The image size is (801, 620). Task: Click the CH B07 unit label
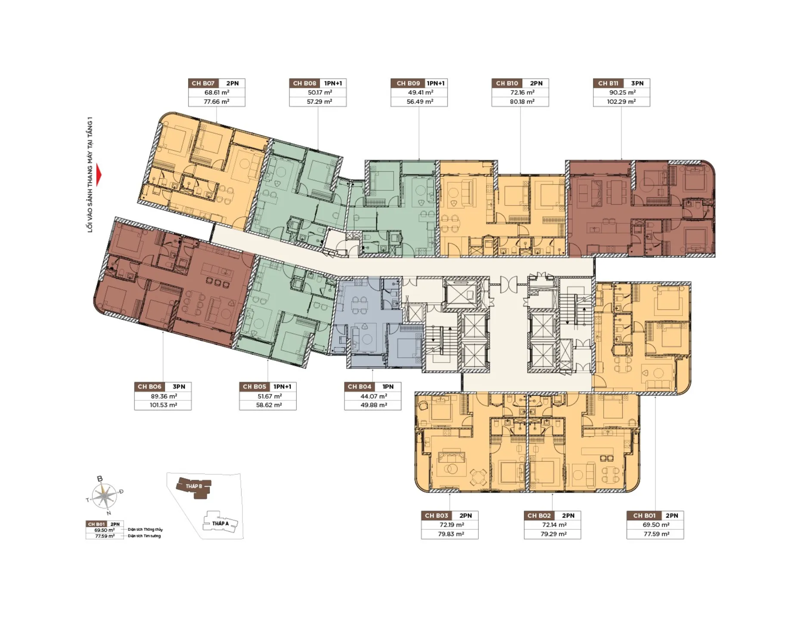pyautogui.click(x=203, y=84)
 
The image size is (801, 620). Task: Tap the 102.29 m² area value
pyautogui.click(x=621, y=102)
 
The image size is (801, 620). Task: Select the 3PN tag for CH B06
pyautogui.click(x=179, y=387)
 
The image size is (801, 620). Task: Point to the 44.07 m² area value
pyautogui.click(x=373, y=396)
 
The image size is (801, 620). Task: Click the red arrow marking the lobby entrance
pyautogui.click(x=99, y=175)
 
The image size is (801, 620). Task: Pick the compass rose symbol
pyautogui.click(x=105, y=496)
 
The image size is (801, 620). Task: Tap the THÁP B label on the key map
pyautogui.click(x=194, y=486)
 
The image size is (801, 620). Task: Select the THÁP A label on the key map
pyautogui.click(x=220, y=524)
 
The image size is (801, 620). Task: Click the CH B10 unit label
pyautogui.click(x=507, y=84)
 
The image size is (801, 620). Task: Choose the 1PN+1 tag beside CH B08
pyautogui.click(x=333, y=84)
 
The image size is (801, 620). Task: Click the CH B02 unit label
pyautogui.click(x=539, y=516)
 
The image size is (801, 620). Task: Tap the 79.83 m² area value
pyautogui.click(x=451, y=534)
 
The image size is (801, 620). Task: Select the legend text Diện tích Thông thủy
pyautogui.click(x=145, y=530)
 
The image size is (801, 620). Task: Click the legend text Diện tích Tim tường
pyautogui.click(x=144, y=536)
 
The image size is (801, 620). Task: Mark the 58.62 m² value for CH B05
pyautogui.click(x=269, y=405)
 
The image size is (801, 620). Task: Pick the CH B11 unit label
pyautogui.click(x=608, y=84)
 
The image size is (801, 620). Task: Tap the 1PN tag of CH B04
pyautogui.click(x=388, y=387)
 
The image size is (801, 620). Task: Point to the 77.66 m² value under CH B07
pyautogui.click(x=217, y=102)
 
